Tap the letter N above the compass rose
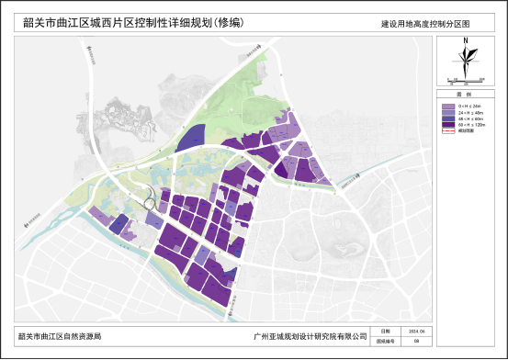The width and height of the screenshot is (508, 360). tap(466, 41)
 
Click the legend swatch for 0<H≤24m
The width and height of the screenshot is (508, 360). tap(447, 106)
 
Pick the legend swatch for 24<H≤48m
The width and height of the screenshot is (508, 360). tap(447, 114)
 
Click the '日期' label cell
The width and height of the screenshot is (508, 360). tap(386, 332)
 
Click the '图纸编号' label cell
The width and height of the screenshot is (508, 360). tap(386, 341)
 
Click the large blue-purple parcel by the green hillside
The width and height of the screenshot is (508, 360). tap(190, 139)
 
